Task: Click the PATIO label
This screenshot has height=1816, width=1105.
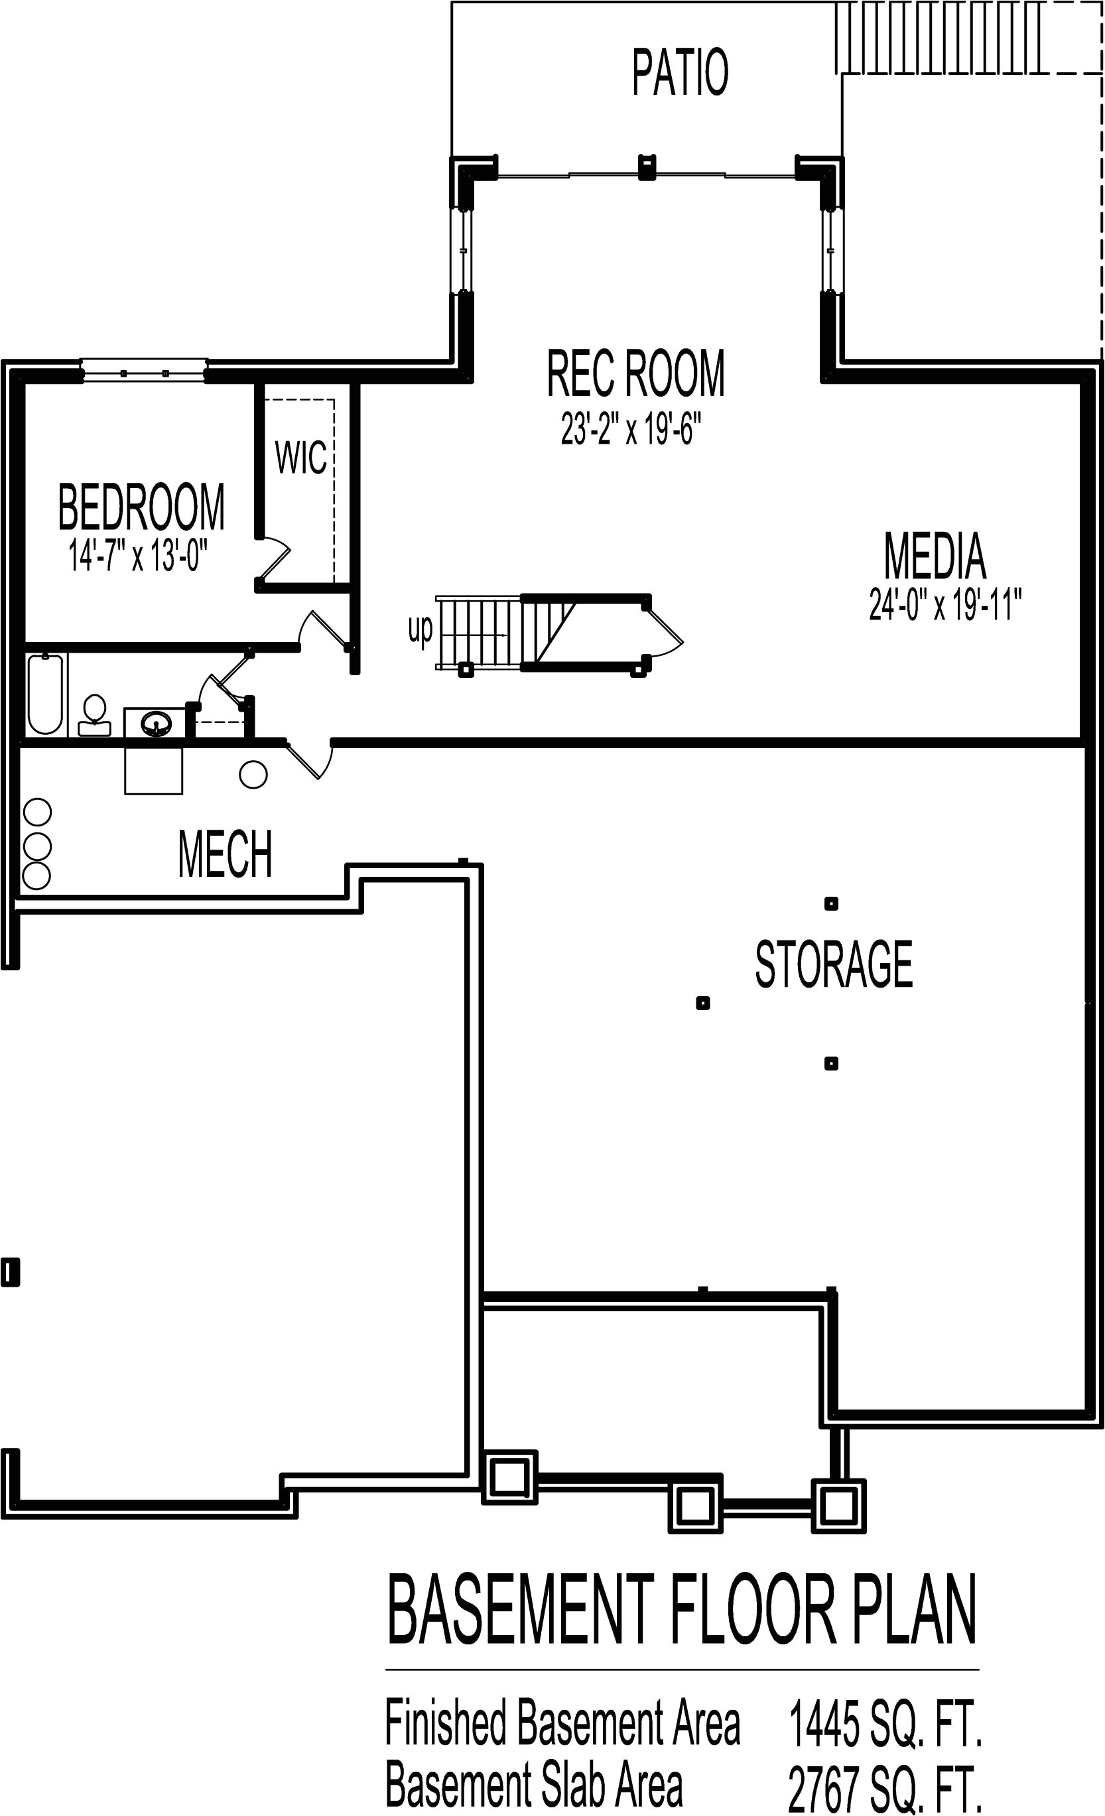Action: point(680,72)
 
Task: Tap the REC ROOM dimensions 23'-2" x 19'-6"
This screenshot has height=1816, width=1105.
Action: point(629,428)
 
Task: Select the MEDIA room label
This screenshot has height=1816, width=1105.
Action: point(934,556)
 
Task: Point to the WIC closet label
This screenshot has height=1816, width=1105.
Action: point(300,458)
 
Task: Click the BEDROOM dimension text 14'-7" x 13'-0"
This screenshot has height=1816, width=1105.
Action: point(138,555)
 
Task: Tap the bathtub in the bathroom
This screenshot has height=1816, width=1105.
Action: point(45,694)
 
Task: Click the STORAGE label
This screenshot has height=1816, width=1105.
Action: point(833,965)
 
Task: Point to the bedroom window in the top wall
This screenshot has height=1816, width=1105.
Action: point(143,371)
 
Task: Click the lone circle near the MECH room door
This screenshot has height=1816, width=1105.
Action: point(253,774)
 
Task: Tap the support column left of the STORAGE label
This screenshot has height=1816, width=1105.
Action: point(702,1002)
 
